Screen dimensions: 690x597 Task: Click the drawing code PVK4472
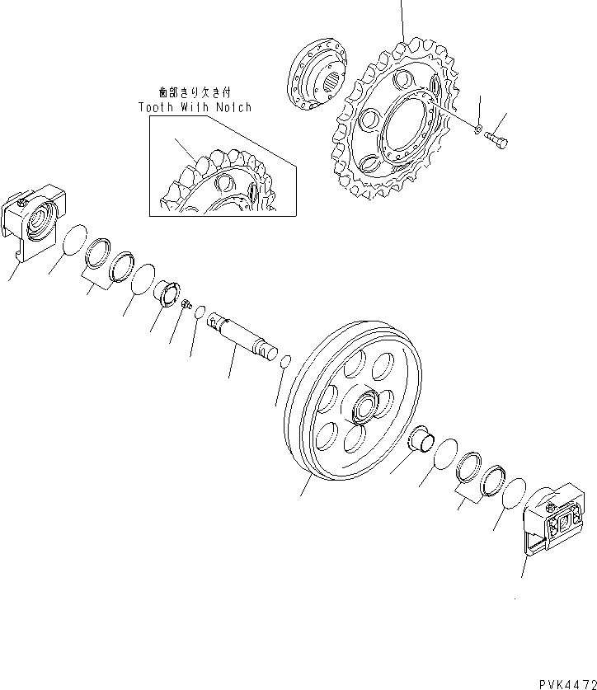558,682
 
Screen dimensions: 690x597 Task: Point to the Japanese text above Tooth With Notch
195,94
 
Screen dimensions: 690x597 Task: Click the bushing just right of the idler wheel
423,437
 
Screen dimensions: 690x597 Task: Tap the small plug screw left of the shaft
186,303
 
